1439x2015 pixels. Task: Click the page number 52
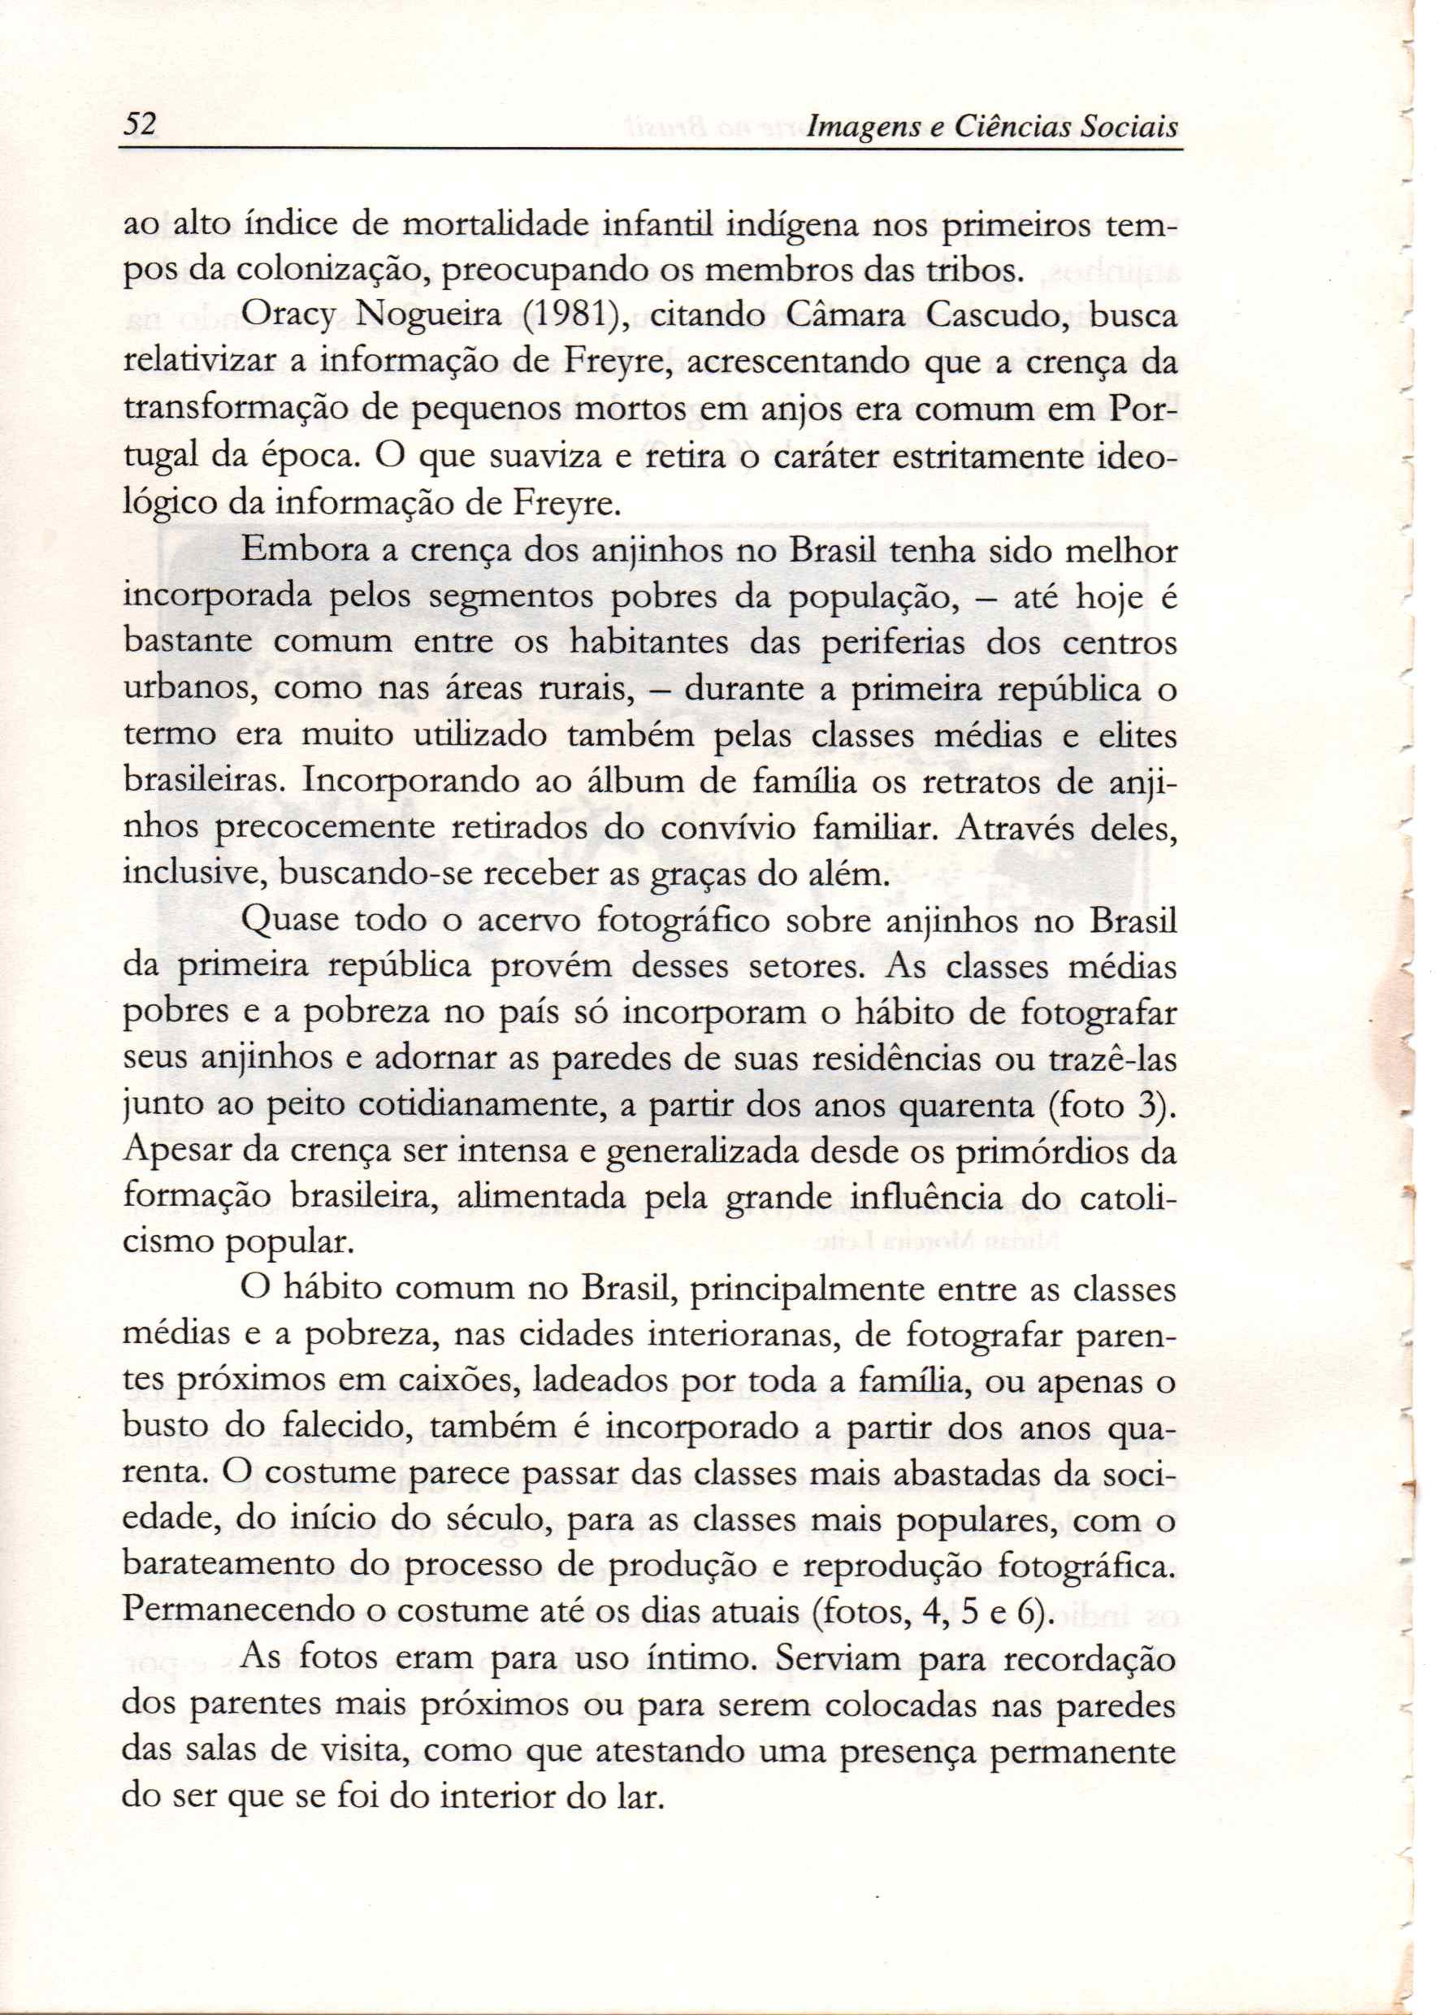(x=139, y=123)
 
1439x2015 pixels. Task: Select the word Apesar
(x=169, y=1153)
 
